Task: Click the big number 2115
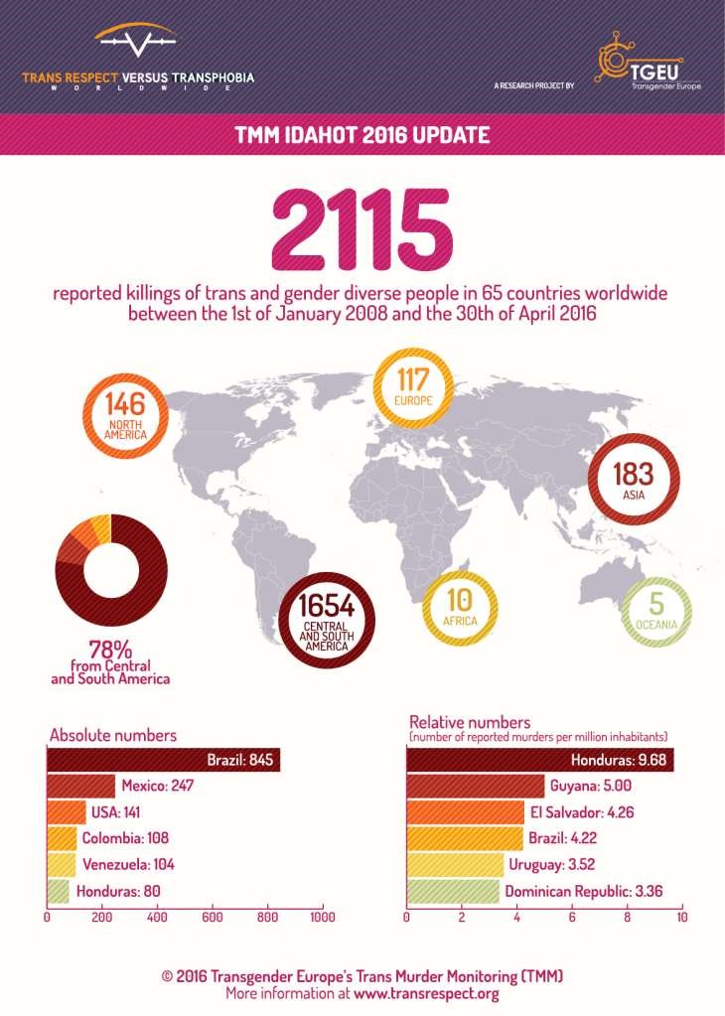(x=362, y=227)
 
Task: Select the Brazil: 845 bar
(x=164, y=762)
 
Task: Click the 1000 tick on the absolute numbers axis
(x=323, y=918)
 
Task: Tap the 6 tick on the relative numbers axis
(x=572, y=918)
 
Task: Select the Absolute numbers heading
(x=113, y=736)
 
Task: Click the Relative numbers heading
(x=471, y=721)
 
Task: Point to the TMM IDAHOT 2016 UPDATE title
(x=361, y=133)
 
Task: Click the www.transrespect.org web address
(x=425, y=993)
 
